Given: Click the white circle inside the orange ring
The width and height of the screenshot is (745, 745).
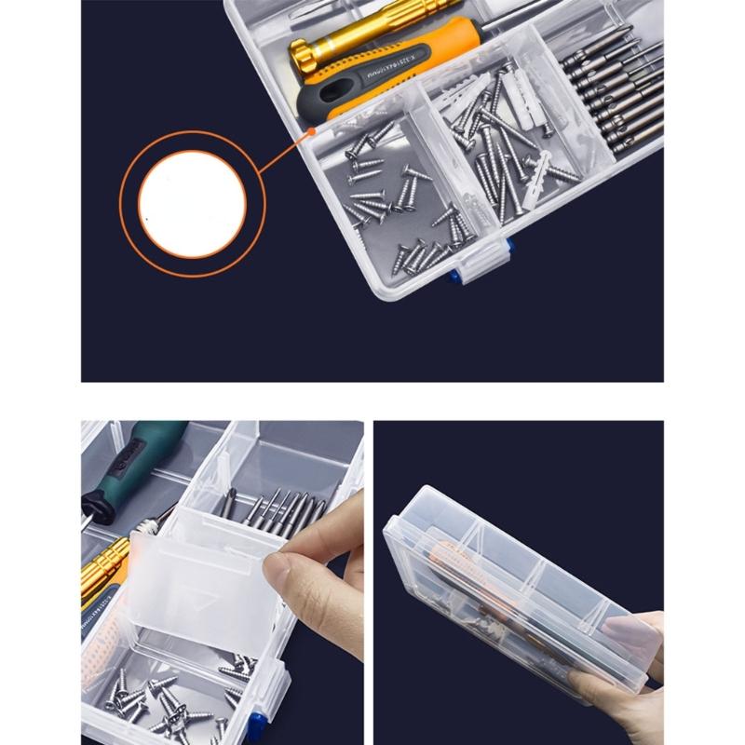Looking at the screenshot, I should pos(193,202).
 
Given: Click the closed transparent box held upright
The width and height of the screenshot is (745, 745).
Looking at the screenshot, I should pos(503,577).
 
